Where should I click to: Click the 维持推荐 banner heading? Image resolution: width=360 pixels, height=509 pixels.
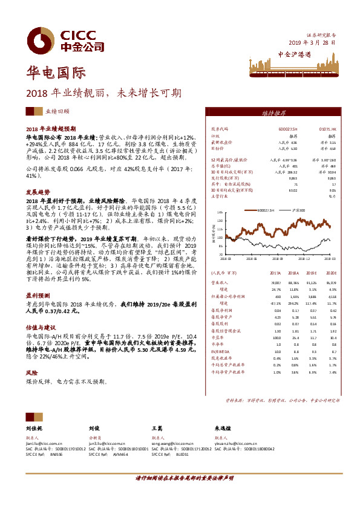pyautogui.click(x=275, y=113)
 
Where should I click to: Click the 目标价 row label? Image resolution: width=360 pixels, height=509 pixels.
pyautogui.click(x=217, y=148)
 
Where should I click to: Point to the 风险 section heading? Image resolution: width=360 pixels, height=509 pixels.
pyautogui.click(x=31, y=357)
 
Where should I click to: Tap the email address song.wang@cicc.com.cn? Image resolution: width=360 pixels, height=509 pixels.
pyautogui.click(x=173, y=443)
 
